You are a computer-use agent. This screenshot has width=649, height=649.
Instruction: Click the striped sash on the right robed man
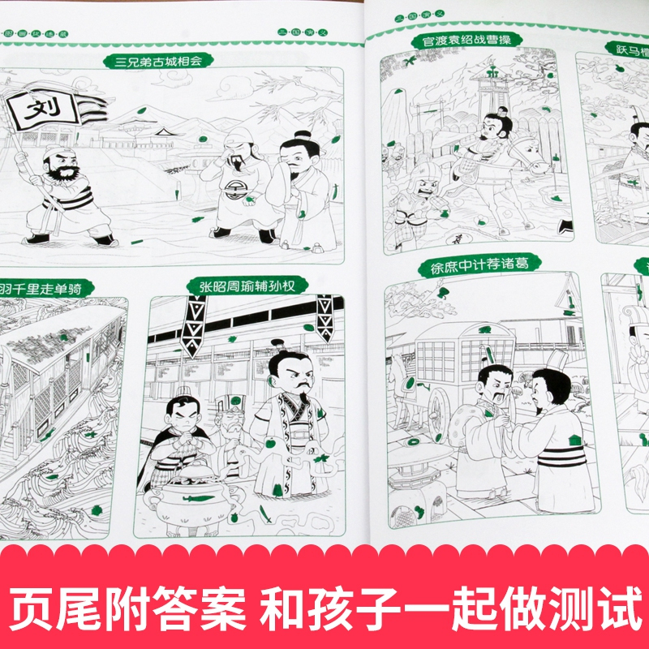(x=560, y=454)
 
